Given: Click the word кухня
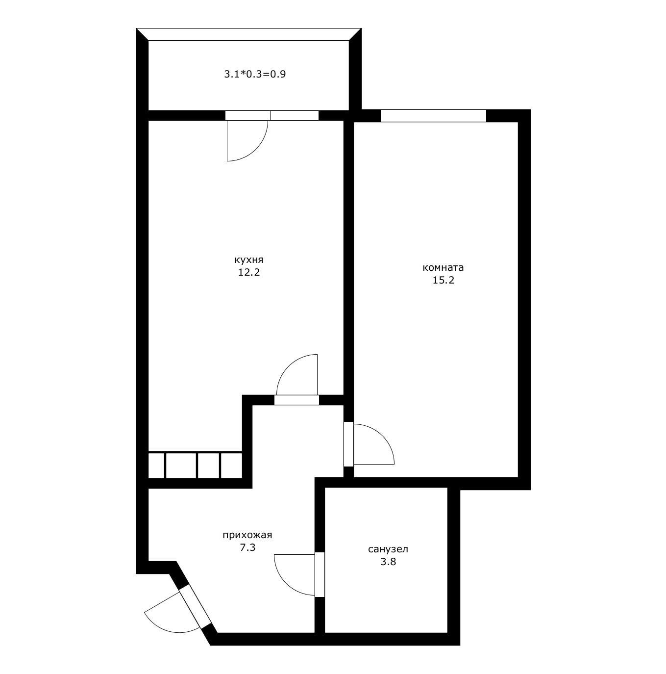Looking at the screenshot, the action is tap(248, 260).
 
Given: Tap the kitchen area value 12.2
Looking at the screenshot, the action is tap(249, 272).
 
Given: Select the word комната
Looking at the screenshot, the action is tap(443, 268).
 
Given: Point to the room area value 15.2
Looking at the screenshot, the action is tap(444, 280).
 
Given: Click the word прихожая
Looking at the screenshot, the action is tap(247, 535).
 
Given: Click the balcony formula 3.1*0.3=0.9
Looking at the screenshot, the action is tap(255, 74).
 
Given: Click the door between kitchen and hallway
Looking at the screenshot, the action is tap(296, 400).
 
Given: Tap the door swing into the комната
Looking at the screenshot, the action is tap(383, 436).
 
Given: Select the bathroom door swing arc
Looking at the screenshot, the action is tap(286, 583).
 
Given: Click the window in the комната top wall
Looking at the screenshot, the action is tap(433, 116).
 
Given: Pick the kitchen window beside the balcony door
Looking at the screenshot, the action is tap(295, 115).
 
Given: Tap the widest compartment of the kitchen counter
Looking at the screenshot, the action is tap(181, 466).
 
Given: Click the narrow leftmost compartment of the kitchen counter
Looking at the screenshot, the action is tap(156, 466).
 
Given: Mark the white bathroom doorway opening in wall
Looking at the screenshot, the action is tap(320, 575).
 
